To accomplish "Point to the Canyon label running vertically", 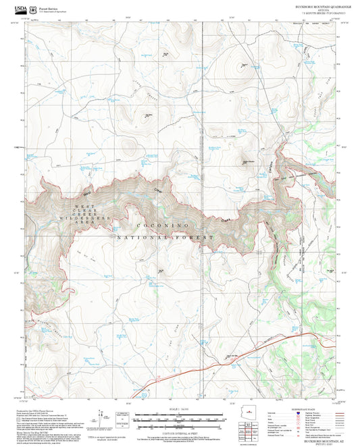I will tap(278, 170).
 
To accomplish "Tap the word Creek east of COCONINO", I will tap(230, 220).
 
